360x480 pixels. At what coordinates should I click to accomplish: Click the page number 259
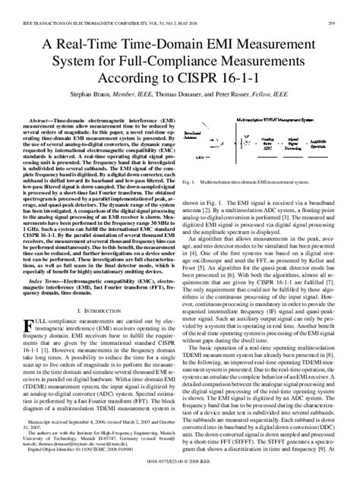pos(345,7)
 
